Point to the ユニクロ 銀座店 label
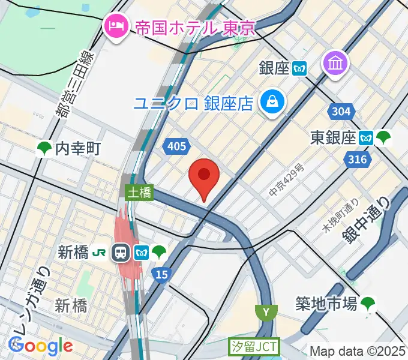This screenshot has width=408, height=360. click(193, 103)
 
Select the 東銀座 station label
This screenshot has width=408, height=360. click(333, 138)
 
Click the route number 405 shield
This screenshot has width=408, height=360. click(178, 146)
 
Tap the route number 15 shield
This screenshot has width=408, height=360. click(160, 274)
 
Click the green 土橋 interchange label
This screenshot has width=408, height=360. click(139, 193)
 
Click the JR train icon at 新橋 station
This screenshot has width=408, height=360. click(121, 253)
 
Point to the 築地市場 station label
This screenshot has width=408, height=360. click(327, 304)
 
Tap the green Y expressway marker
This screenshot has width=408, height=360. click(265, 312)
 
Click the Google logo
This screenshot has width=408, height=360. click(40, 346)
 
